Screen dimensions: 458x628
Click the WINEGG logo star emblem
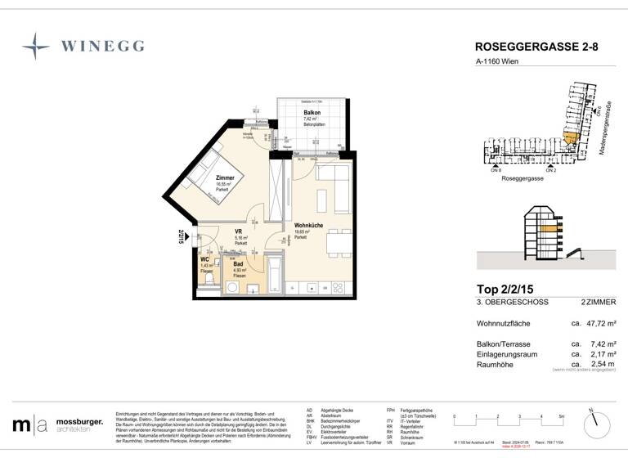pos(37,46)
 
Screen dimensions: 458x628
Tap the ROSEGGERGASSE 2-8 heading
pos(536,47)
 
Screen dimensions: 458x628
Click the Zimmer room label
pos(225,177)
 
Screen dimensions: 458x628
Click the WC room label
pos(205,260)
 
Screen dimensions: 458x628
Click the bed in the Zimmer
pos(204,168)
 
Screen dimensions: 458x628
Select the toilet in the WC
pos(209,281)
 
